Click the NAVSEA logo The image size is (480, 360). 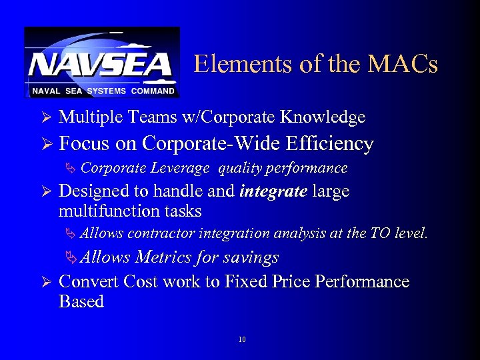click(x=102, y=63)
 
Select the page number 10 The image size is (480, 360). click(x=241, y=340)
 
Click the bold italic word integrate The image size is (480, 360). click(x=273, y=191)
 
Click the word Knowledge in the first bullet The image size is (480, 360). click(x=323, y=117)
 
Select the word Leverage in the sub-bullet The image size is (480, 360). click(x=183, y=168)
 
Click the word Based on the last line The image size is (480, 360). click(x=81, y=301)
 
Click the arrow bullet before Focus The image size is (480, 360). click(x=46, y=145)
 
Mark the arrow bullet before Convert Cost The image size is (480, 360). click(x=46, y=282)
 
